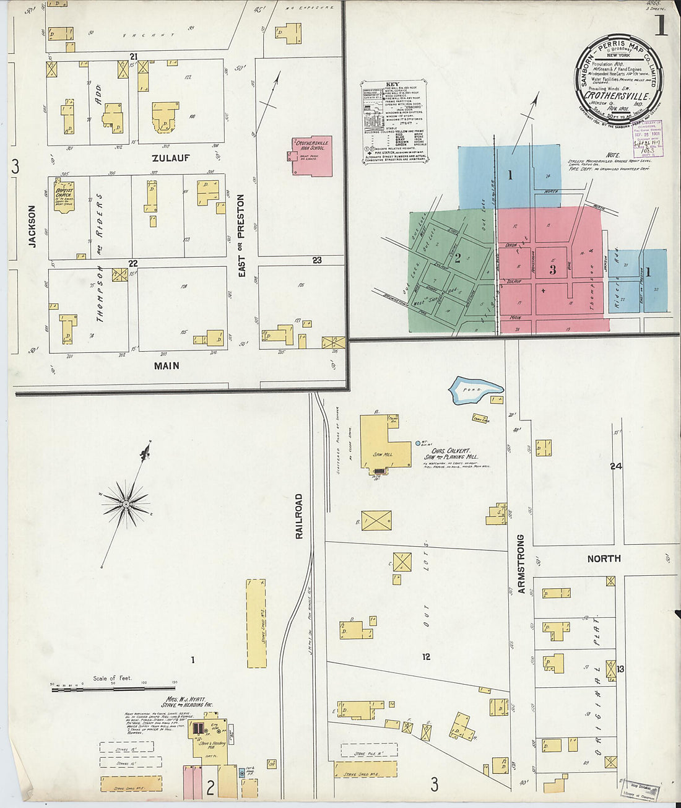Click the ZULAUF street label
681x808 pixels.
[171, 159]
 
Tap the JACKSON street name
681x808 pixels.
[32, 227]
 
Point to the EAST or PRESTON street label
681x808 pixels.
[241, 235]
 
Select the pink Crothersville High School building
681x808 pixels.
[312, 155]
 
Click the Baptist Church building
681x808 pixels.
[64, 196]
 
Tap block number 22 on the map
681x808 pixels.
[132, 263]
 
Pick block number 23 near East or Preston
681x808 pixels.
[317, 261]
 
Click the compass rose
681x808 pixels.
[126, 504]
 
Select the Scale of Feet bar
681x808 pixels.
[113, 687]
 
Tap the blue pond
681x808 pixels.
[475, 389]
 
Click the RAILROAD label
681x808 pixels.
[299, 516]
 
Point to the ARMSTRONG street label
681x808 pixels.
[521, 564]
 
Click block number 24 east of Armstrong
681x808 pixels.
[615, 466]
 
